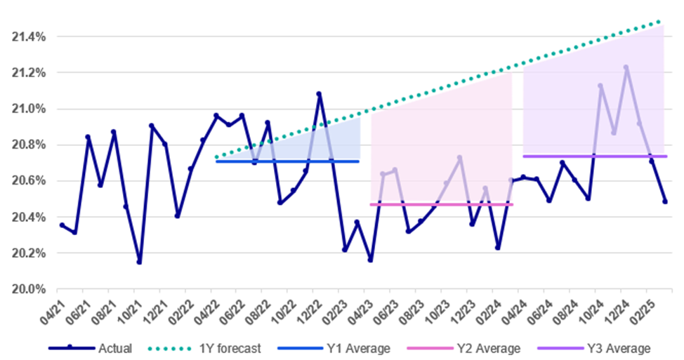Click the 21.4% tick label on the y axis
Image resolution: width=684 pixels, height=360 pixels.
pyautogui.click(x=26, y=36)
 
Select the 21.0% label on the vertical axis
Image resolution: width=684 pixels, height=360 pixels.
pyautogui.click(x=26, y=109)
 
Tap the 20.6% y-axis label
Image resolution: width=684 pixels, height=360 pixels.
pyautogui.click(x=26, y=181)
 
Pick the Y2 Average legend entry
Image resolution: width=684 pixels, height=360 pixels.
pyautogui.click(x=477, y=348)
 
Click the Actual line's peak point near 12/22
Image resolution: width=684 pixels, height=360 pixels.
pyautogui.click(x=319, y=93)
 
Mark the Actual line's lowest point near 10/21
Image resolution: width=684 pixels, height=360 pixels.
pyautogui.click(x=139, y=262)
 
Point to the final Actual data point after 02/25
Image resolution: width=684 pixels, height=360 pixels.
pyautogui.click(x=664, y=201)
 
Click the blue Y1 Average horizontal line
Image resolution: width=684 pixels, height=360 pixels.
pyautogui.click(x=288, y=161)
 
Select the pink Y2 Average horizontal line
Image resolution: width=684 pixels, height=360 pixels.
pyautogui.click(x=442, y=204)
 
